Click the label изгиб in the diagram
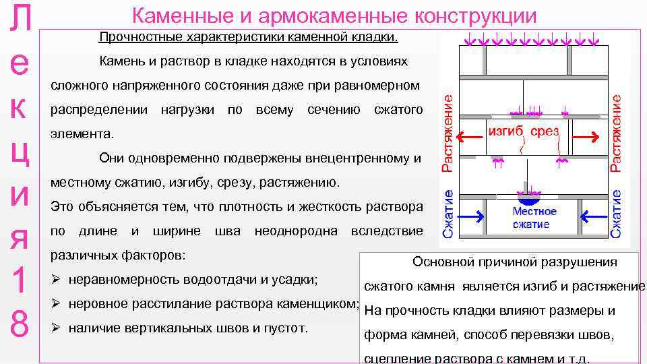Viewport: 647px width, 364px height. point(505,132)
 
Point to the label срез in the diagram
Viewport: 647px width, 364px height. point(545,132)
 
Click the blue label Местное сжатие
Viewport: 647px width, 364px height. point(535,218)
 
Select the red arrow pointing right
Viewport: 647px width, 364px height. point(584,138)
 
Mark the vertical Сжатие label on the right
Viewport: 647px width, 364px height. point(616,213)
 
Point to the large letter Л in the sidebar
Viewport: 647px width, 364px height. point(20,21)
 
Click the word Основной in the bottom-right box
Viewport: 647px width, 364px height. point(441,262)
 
